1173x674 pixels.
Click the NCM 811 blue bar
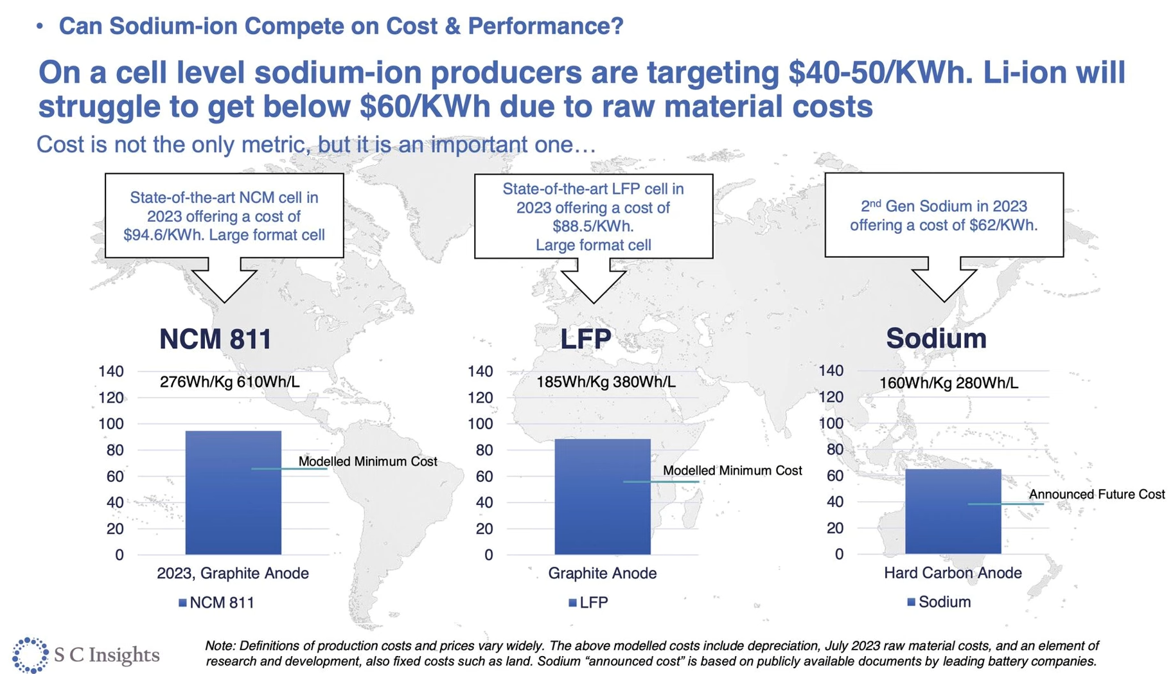coord(233,493)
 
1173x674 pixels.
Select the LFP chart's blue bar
coord(603,497)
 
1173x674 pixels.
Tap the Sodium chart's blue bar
coord(953,511)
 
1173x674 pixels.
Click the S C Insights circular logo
coord(30,655)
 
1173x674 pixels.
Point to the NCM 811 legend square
coord(182,603)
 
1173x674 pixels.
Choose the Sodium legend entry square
coord(911,602)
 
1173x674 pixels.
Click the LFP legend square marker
coord(572,603)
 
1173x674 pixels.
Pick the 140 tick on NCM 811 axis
coord(111,371)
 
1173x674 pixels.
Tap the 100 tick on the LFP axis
coord(481,424)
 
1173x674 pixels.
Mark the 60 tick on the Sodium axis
coord(835,475)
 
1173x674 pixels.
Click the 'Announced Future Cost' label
coord(1097,494)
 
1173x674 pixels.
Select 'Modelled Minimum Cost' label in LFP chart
coord(732,470)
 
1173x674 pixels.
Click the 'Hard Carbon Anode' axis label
coord(953,572)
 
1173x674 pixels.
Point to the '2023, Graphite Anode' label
coord(233,573)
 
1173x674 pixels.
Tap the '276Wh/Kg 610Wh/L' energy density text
coord(229,382)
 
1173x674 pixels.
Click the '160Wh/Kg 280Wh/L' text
coord(949,383)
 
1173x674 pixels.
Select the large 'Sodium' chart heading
coord(936,339)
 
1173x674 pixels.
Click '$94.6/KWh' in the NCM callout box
coord(163,235)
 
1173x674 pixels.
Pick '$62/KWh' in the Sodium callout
coord(1005,226)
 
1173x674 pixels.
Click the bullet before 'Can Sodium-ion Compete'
coord(40,26)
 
